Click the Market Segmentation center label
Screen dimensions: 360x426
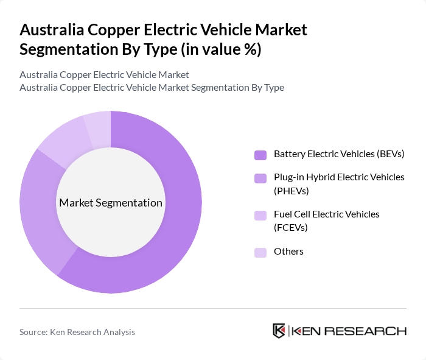coord(110,203)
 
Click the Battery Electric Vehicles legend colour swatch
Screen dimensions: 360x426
coord(260,155)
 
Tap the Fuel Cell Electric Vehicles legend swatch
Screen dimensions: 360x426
coord(260,215)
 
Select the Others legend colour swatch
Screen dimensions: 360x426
coord(260,252)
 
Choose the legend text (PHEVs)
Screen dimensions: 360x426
coord(292,191)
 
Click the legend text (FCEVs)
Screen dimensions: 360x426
coord(291,227)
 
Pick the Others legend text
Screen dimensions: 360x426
coord(288,252)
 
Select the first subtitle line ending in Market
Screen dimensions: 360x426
coord(104,74)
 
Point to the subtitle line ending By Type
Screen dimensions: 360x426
coord(152,87)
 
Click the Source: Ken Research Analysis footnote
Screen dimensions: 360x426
coord(77,332)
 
